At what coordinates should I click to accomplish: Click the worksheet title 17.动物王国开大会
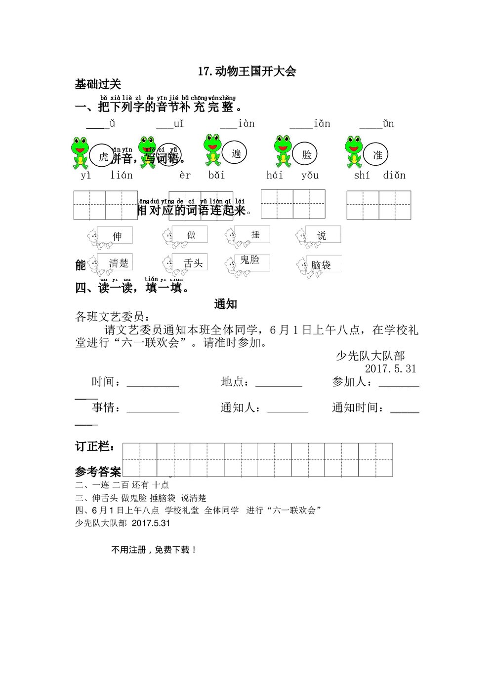(x=247, y=71)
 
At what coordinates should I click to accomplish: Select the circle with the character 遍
(x=235, y=153)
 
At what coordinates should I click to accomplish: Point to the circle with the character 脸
(x=306, y=154)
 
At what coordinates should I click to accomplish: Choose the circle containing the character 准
(x=377, y=155)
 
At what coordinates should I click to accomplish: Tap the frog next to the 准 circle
(x=354, y=151)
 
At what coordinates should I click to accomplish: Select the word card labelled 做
(x=191, y=234)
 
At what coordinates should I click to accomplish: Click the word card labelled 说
(x=322, y=235)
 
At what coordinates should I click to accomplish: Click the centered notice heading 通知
(x=225, y=304)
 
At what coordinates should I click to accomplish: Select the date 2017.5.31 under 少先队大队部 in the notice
(x=390, y=368)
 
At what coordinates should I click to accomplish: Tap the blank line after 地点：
(x=279, y=383)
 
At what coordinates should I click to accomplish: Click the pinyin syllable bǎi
(x=216, y=175)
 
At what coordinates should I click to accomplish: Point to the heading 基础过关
(x=98, y=84)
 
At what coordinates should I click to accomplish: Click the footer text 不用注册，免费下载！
(x=154, y=550)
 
